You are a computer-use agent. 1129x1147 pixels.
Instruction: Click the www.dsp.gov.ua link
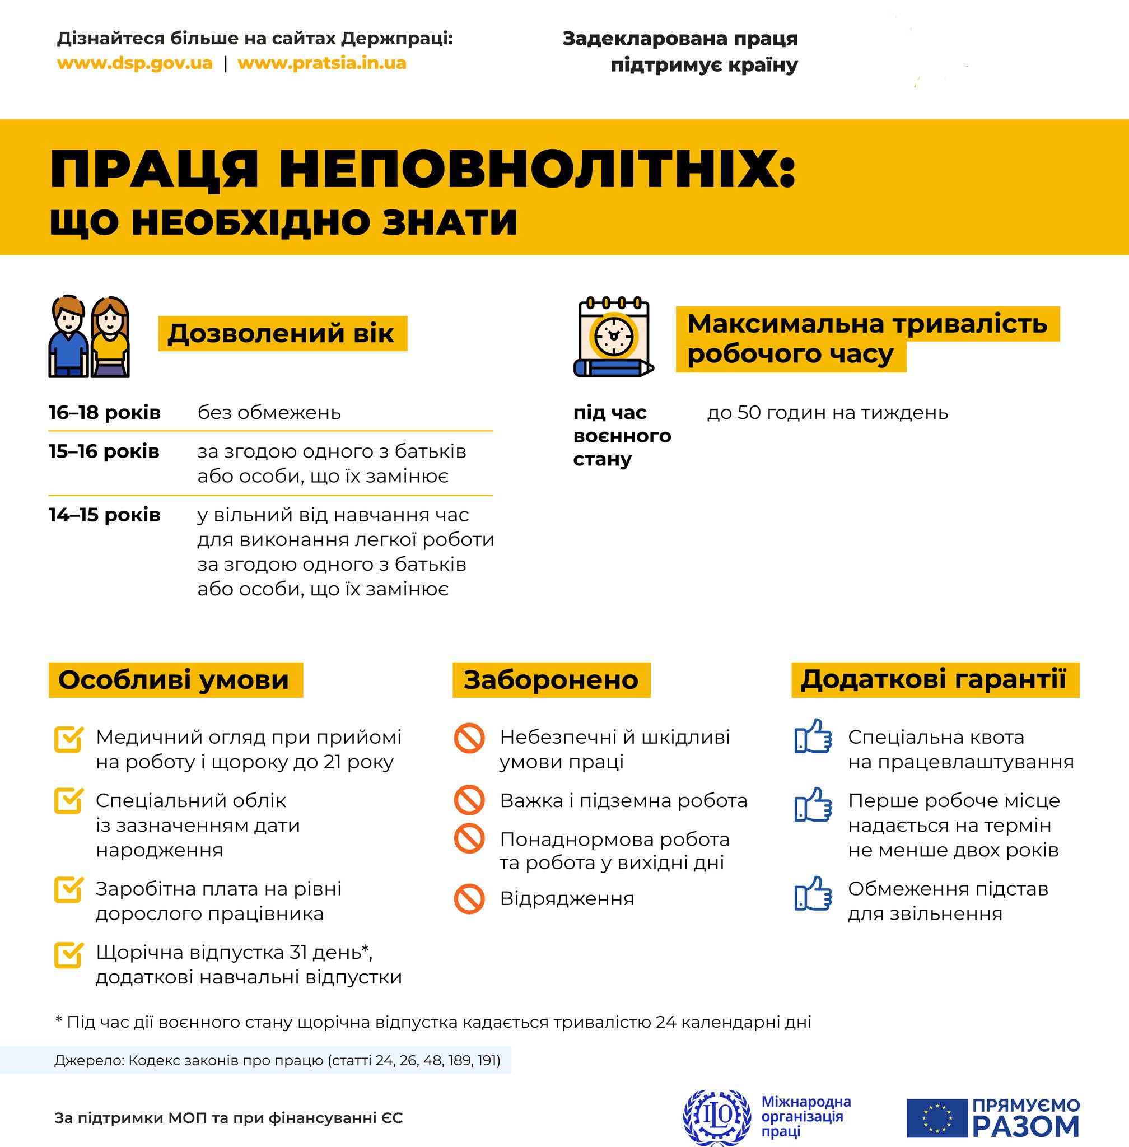point(134,63)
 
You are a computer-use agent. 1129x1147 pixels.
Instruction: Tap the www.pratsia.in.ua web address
point(321,63)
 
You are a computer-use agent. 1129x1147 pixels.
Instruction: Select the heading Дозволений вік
point(281,333)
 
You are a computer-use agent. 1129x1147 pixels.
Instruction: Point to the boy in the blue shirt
point(68,338)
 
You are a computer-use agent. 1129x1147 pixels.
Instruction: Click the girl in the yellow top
point(110,338)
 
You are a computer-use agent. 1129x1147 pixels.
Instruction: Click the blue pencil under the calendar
point(614,369)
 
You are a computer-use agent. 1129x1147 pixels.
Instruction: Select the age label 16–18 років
point(104,413)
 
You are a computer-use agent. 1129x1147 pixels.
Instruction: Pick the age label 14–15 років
point(104,515)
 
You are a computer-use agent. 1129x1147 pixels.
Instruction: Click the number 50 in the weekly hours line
point(748,413)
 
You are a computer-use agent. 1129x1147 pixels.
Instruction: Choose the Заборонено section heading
point(551,680)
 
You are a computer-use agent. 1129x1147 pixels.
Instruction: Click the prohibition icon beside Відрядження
point(470,898)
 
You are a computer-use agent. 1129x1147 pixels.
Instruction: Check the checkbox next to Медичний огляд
point(68,739)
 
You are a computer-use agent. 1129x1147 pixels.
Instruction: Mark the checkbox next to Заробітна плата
point(68,889)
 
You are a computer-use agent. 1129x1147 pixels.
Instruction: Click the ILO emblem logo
point(716,1117)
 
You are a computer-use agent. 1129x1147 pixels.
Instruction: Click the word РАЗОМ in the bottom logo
point(1025,1126)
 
